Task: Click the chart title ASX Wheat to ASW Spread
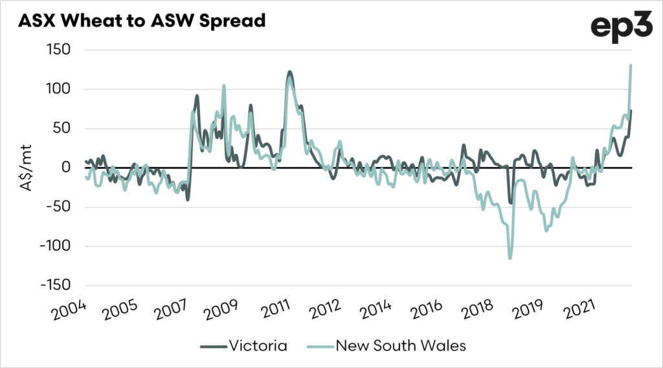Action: tap(142, 21)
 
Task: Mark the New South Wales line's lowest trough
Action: tap(510, 258)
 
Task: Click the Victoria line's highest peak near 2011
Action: tap(289, 72)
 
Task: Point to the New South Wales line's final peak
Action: tap(631, 65)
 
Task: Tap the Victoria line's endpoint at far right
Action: tap(631, 111)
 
